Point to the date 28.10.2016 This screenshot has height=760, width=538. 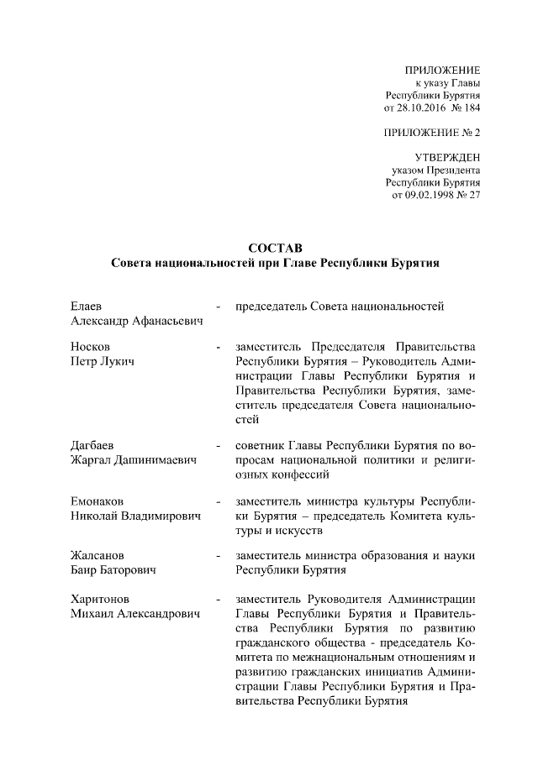click(423, 108)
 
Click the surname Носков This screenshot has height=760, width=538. click(90, 347)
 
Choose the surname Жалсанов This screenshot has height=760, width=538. click(97, 556)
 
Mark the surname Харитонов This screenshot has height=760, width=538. click(100, 600)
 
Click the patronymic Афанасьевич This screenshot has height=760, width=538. click(167, 322)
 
